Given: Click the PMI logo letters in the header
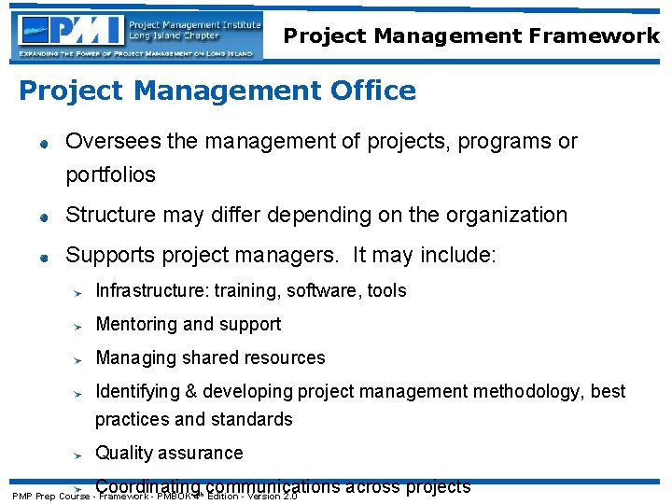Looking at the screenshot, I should (x=89, y=30).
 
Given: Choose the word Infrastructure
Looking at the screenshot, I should (x=152, y=290).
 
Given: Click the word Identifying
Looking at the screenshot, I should (x=138, y=391).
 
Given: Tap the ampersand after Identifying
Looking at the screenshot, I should (x=193, y=391).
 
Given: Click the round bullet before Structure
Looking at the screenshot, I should (x=43, y=217).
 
